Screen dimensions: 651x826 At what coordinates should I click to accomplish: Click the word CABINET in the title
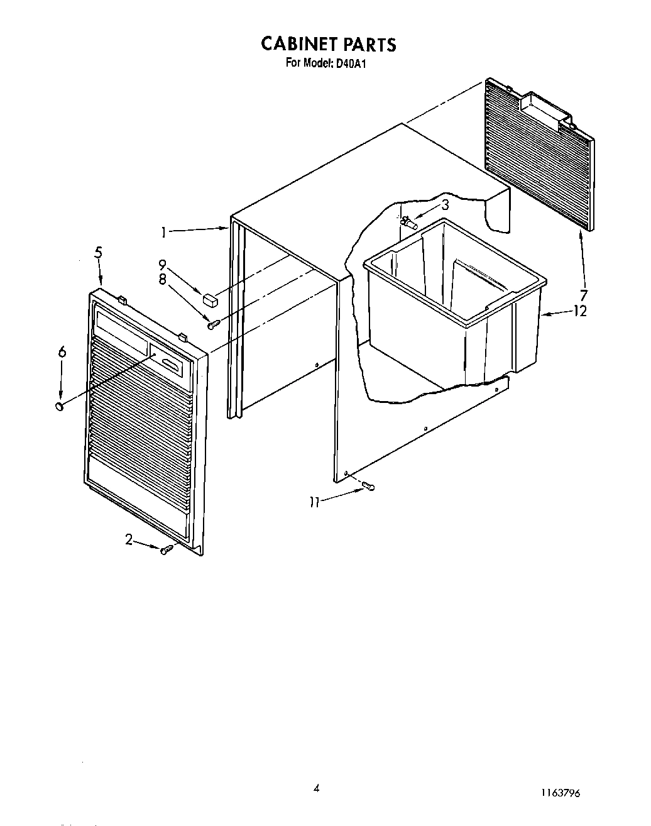(299, 44)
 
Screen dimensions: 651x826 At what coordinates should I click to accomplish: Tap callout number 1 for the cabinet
(163, 233)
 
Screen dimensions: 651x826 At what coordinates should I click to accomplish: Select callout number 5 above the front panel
(99, 253)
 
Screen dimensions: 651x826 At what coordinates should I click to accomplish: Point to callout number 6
(62, 353)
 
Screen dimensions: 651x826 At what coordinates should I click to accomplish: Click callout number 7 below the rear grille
(584, 295)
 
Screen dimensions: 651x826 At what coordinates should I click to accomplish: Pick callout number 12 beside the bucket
(579, 311)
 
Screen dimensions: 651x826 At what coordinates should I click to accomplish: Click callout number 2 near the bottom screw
(129, 539)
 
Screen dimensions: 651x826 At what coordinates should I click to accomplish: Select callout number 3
(444, 204)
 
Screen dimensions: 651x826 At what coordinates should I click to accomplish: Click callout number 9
(162, 265)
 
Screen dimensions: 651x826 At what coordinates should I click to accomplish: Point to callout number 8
(162, 280)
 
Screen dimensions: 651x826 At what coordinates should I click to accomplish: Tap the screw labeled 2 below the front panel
(166, 550)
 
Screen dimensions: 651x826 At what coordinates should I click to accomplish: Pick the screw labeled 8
(214, 324)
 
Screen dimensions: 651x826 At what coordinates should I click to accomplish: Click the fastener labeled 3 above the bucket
(410, 222)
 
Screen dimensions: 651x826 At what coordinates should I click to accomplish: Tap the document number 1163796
(558, 793)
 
